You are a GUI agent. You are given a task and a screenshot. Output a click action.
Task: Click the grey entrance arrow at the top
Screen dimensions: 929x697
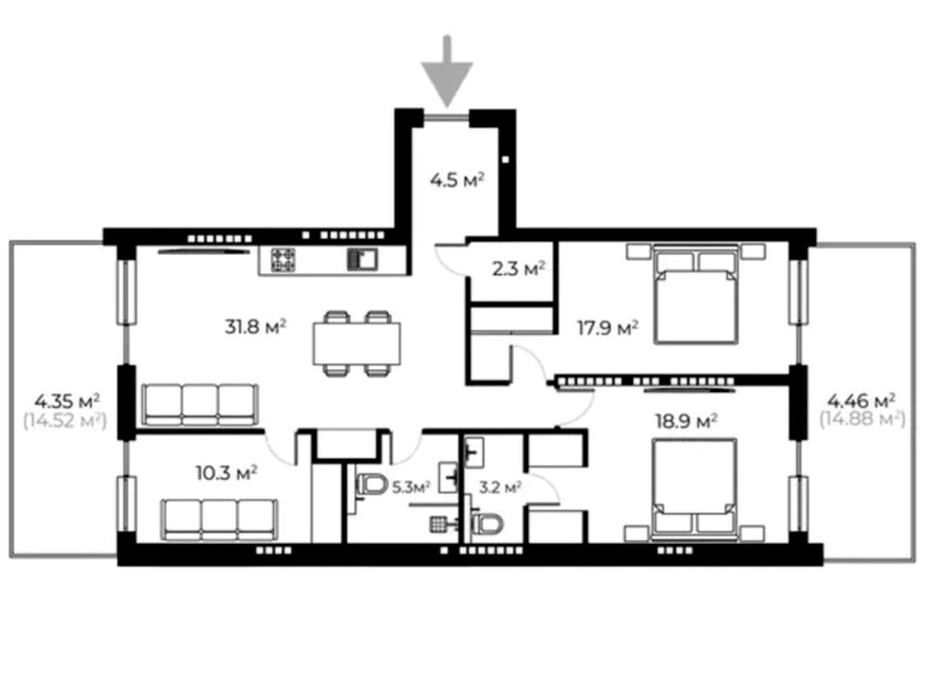[x=447, y=71]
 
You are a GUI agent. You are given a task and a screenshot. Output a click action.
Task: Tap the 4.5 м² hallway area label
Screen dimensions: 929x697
[x=458, y=179]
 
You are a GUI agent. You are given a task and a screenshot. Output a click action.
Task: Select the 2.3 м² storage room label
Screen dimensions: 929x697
[x=519, y=269]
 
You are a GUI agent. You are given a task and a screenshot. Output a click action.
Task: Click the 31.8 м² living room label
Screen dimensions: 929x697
[x=255, y=326]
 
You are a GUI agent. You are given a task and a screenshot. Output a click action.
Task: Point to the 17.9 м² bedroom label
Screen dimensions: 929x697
[x=608, y=327]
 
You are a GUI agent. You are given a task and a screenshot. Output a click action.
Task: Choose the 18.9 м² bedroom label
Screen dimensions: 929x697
[x=686, y=421]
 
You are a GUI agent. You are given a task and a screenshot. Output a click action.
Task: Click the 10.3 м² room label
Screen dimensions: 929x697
[x=226, y=473]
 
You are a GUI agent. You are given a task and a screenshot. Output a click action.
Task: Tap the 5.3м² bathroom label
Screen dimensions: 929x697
[x=411, y=487]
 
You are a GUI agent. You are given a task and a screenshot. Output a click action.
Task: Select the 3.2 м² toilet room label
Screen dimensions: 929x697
[x=500, y=487]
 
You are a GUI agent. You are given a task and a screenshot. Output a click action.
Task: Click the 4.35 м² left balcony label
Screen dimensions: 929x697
[x=67, y=401]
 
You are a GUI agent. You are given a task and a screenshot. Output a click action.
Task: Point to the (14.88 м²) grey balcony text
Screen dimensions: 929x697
[x=862, y=419]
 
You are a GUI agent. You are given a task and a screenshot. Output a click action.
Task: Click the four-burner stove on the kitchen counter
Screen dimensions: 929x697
[x=284, y=259]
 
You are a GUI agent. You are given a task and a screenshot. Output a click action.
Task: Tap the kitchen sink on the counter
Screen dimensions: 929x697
[x=362, y=259]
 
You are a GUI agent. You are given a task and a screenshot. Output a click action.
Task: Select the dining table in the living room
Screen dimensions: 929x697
[x=357, y=343]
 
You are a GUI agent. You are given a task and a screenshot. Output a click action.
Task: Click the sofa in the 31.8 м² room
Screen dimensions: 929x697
[x=200, y=405]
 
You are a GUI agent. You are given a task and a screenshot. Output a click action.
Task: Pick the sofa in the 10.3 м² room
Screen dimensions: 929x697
[x=220, y=520]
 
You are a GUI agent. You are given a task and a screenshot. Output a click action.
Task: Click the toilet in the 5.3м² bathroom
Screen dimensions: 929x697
[x=371, y=485]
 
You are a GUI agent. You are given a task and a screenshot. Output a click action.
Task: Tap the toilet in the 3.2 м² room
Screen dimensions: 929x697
[x=487, y=524]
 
